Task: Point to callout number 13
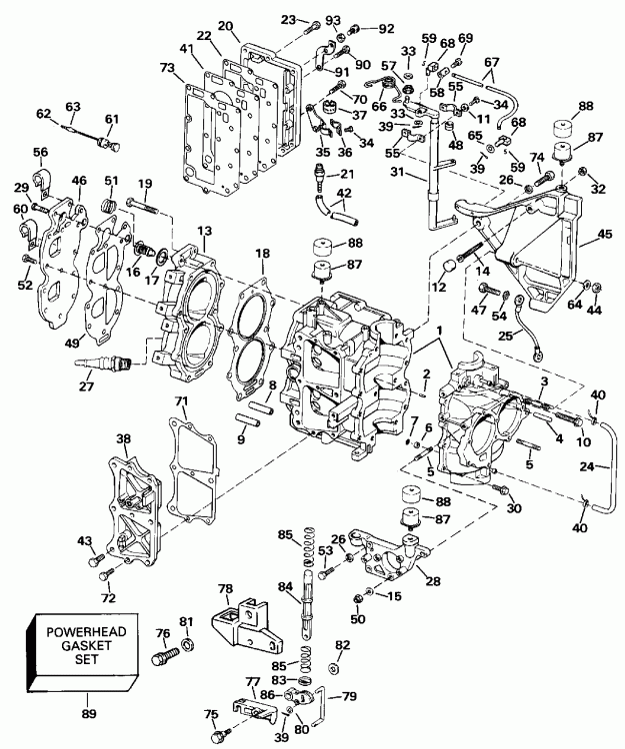tap(205, 232)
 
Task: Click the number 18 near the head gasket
tap(263, 256)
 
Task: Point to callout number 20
tap(225, 25)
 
